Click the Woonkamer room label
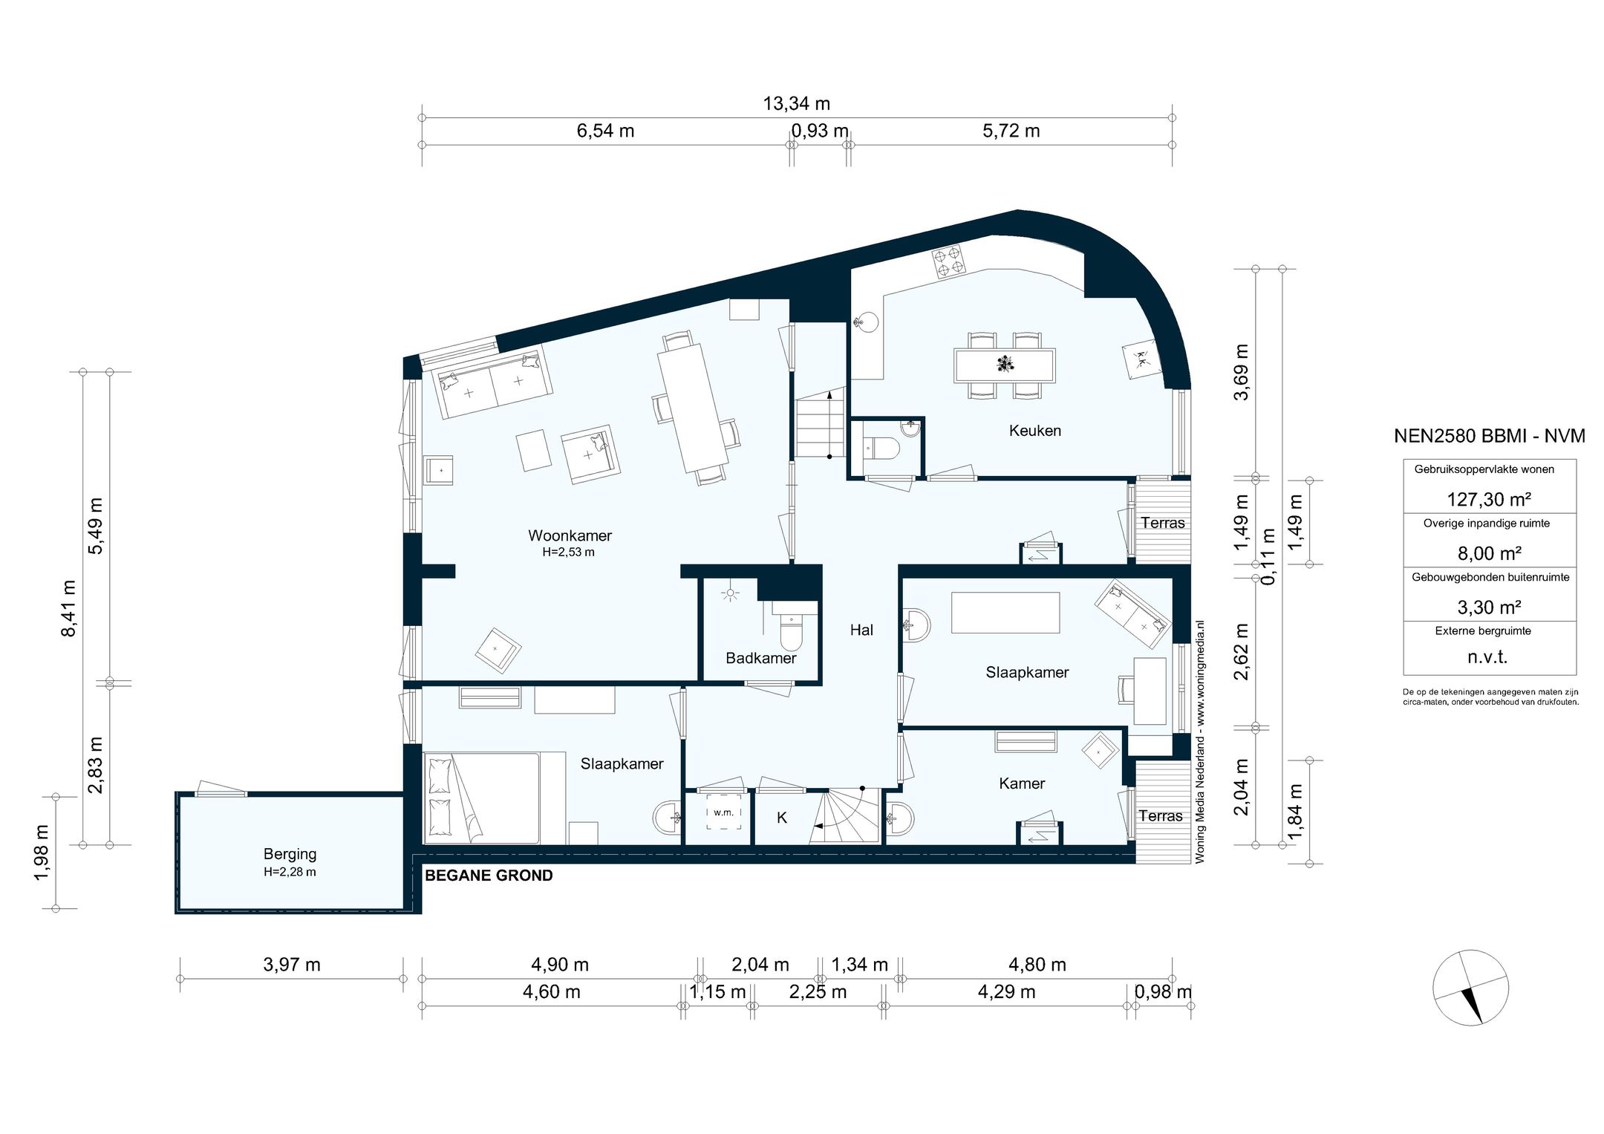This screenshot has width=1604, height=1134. [570, 535]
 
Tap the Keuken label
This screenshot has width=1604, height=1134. [1034, 431]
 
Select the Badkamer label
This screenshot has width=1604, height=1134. [760, 658]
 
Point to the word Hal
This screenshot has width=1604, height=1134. [861, 630]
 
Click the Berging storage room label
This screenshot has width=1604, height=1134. [290, 854]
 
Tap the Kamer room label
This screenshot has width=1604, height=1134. [1022, 783]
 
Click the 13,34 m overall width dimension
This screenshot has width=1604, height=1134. [797, 104]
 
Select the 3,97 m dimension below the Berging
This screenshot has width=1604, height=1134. [292, 965]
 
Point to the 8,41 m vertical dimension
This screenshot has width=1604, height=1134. [68, 608]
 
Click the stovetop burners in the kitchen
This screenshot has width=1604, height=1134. [949, 261]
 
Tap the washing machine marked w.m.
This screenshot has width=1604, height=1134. [723, 812]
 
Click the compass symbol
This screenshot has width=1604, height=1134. [1470, 988]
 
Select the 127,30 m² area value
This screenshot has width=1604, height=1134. [1489, 499]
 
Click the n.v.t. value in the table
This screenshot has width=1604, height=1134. [1487, 657]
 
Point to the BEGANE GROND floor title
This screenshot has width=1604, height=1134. [489, 876]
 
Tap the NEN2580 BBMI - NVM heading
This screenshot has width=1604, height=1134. [1490, 436]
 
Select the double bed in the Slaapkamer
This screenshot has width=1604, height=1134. [481, 798]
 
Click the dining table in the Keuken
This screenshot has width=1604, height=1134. [1005, 365]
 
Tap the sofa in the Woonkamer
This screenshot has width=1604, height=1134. [493, 383]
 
